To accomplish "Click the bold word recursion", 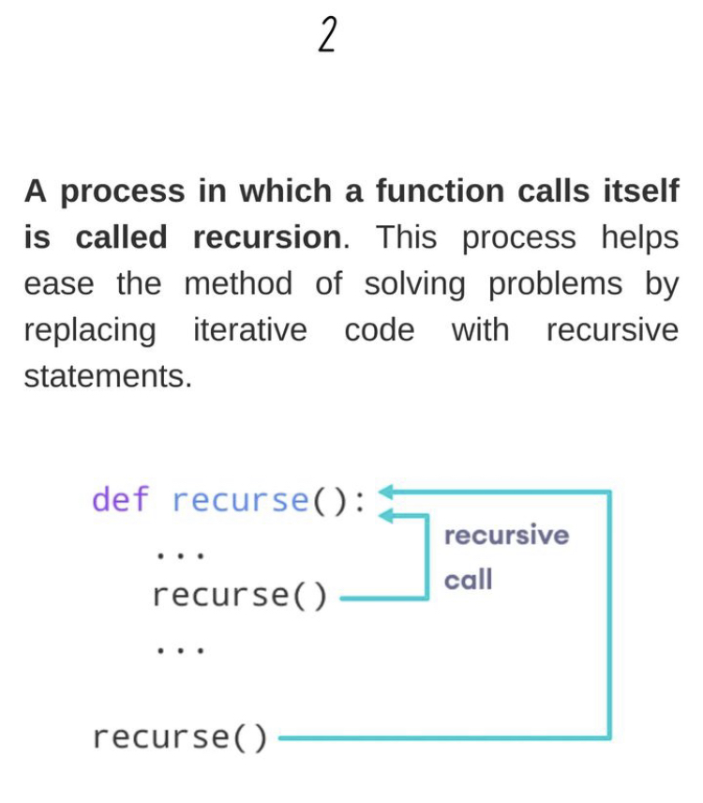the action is point(268,237).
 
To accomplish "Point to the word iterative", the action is point(249,330).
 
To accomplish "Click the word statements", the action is point(107,377).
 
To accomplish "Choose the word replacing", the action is point(90,331).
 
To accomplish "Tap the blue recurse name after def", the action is point(240,499).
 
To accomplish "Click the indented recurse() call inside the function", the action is point(240,595).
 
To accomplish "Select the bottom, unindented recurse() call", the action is point(180,737).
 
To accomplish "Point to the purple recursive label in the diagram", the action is point(506,536).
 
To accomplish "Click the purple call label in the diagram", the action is point(468,581).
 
